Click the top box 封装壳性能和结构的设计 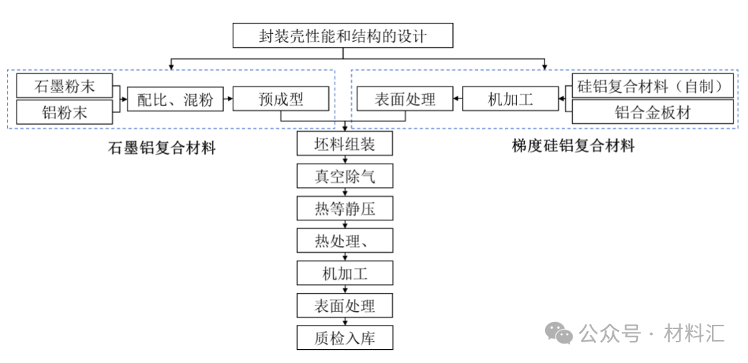click(344, 35)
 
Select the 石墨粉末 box click(64, 87)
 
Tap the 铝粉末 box click(64, 112)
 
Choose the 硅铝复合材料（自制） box click(653, 87)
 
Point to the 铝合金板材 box click(653, 112)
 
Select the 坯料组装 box click(345, 144)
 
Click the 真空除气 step click(345, 177)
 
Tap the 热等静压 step click(345, 209)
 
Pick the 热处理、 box click(345, 241)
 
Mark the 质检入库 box click(345, 338)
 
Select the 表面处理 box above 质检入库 click(345, 306)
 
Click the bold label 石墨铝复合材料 click(162, 148)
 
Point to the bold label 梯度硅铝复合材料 click(573, 146)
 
